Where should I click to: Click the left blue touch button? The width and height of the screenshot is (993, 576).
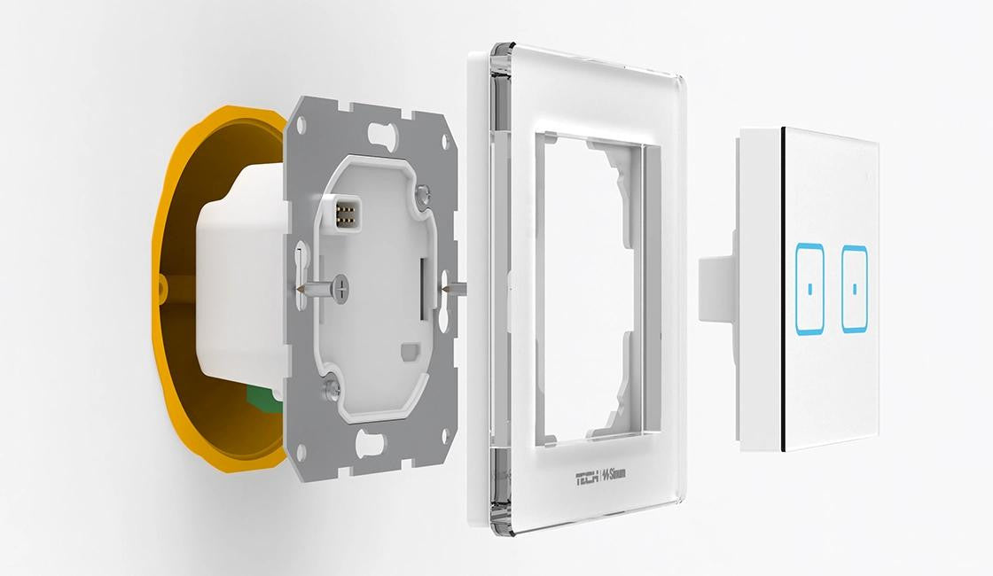coord(810,290)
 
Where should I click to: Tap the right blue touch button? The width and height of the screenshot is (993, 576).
coord(855,289)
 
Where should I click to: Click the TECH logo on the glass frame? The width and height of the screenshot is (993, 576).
coord(587,478)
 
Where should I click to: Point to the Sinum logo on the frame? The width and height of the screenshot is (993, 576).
coord(614,474)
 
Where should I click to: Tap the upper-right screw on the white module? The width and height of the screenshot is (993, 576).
coord(422,191)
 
